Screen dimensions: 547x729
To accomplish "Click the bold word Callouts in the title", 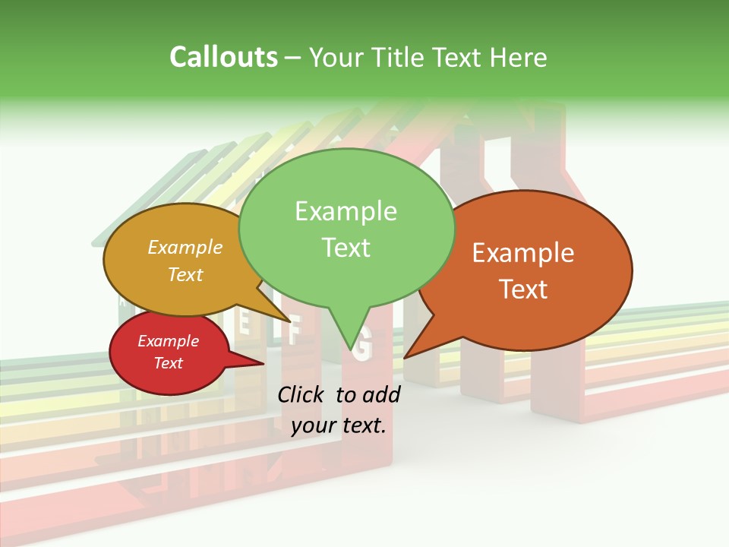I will tap(223, 57).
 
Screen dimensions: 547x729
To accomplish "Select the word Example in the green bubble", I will tap(346, 211).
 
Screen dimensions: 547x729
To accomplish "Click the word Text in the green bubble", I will tap(346, 248).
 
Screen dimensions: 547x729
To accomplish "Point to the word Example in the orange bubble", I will tap(523, 253).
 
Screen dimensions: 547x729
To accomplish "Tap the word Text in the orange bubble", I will tap(523, 289).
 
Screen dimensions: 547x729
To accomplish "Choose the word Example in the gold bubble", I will tap(185, 247).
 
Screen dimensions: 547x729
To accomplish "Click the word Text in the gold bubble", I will tap(185, 274).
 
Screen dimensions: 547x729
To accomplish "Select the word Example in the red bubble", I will tap(168, 341).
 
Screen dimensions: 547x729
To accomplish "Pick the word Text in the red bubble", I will tap(168, 363).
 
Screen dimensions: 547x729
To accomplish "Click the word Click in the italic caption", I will tap(303, 394).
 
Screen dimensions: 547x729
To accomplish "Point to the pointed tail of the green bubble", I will tap(350, 346).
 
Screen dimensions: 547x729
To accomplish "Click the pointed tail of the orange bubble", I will tap(408, 355).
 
